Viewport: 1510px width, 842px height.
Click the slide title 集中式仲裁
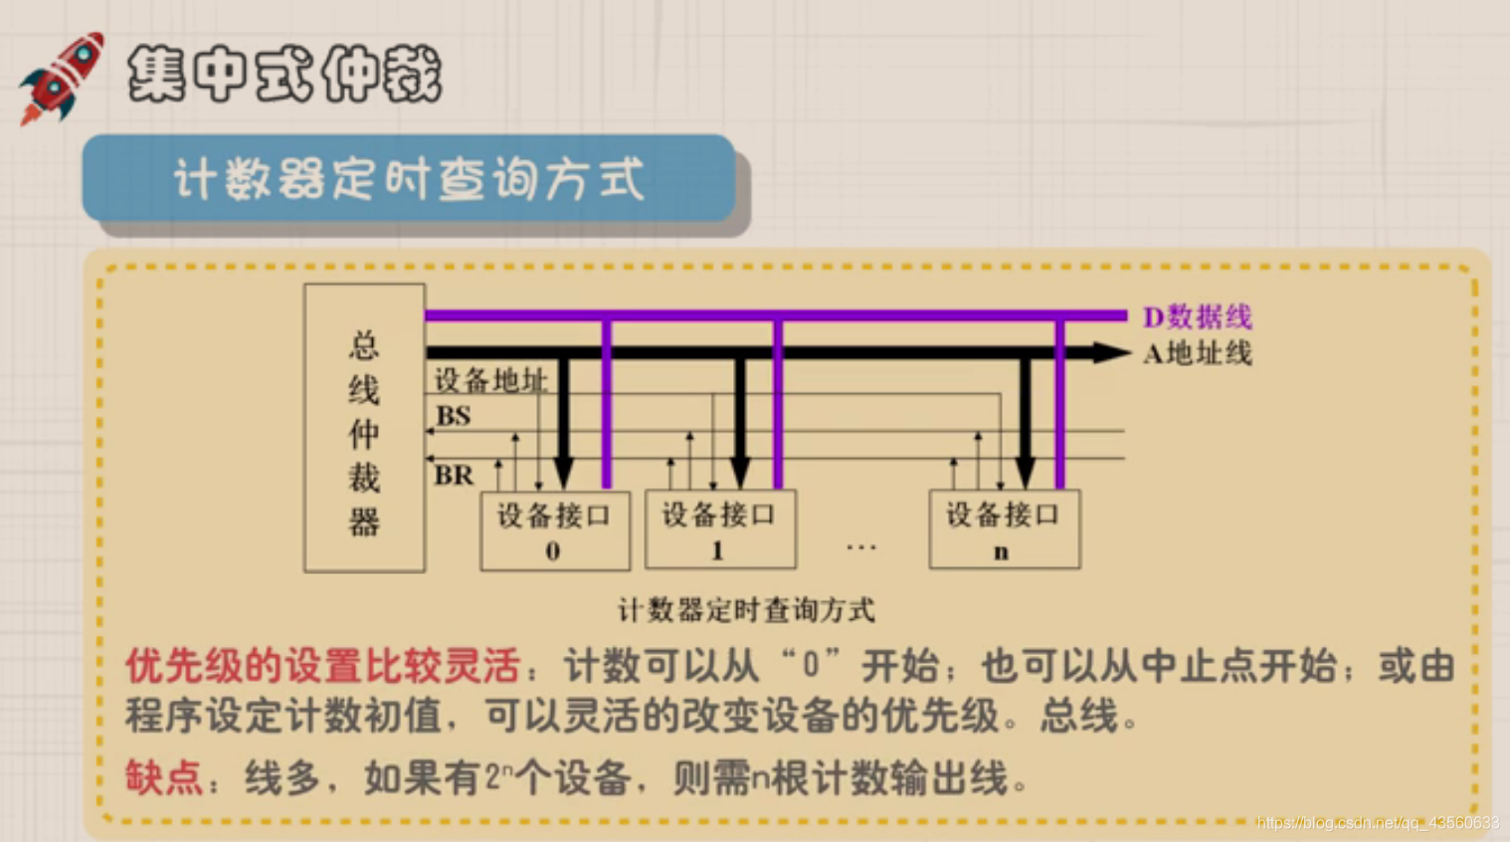point(284,74)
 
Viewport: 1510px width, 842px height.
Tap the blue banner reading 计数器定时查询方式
point(408,179)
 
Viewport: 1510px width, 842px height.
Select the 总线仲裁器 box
point(364,428)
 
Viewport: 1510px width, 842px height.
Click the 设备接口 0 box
point(555,530)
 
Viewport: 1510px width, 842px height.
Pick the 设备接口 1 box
point(720,529)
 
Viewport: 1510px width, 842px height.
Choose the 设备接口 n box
point(1005,529)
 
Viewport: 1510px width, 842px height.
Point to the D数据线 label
point(1198,317)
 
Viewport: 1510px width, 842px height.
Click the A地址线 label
point(1198,353)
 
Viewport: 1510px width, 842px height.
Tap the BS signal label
point(454,416)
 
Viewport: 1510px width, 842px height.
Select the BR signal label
point(454,476)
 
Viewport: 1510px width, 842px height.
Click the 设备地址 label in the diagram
point(490,380)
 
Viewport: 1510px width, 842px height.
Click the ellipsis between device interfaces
point(861,546)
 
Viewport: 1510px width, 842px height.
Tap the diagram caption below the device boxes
point(746,610)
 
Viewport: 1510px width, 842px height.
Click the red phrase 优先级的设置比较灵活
point(322,666)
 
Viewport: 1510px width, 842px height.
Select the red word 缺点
point(164,777)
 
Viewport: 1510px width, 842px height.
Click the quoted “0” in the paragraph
point(811,665)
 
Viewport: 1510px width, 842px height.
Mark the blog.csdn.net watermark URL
point(1378,823)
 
